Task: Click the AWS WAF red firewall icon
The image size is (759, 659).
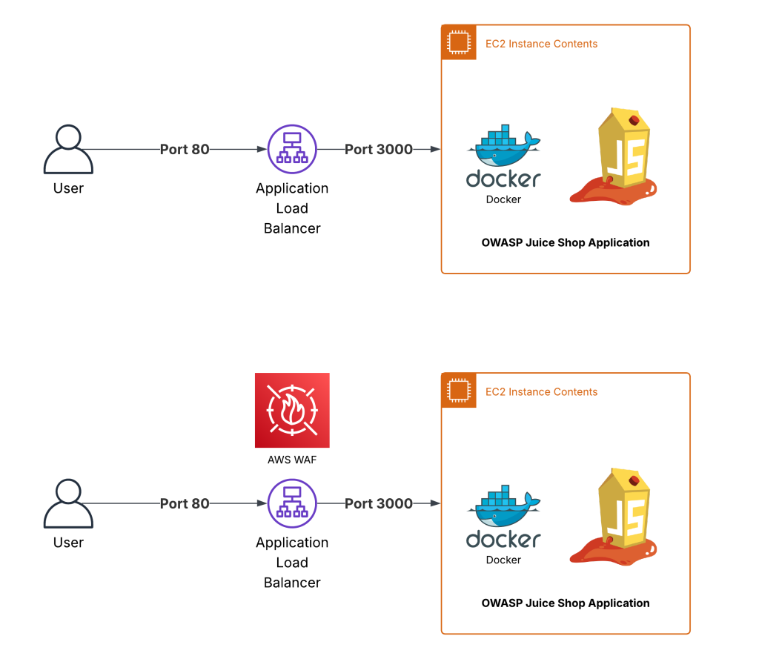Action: click(x=292, y=410)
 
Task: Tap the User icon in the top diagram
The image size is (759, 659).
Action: click(x=68, y=149)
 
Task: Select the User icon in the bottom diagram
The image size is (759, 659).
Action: click(x=68, y=503)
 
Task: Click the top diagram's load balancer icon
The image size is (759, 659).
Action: click(x=292, y=149)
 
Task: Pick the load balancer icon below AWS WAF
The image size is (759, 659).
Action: click(x=292, y=503)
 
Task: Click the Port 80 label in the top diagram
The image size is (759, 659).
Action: click(x=185, y=149)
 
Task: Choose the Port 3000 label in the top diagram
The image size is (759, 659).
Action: click(x=378, y=149)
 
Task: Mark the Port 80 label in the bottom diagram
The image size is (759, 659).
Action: click(x=185, y=503)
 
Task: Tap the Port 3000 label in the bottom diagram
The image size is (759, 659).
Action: click(x=378, y=503)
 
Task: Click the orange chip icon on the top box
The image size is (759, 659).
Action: click(x=458, y=42)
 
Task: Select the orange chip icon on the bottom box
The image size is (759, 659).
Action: click(x=458, y=391)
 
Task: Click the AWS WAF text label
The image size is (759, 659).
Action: click(x=292, y=460)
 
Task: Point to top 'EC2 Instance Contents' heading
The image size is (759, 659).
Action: click(x=541, y=44)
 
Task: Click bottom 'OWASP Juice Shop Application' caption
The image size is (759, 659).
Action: click(x=566, y=603)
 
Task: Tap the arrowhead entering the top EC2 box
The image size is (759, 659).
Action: click(x=437, y=149)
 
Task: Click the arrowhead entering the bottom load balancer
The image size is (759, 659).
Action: click(x=262, y=503)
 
